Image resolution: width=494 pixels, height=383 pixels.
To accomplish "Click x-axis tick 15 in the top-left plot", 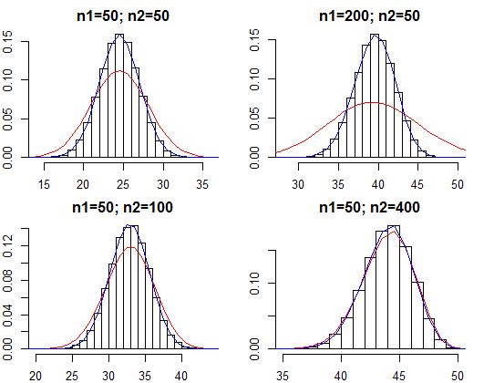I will click(x=43, y=183).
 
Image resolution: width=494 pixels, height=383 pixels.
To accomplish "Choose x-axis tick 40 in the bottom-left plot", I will click(x=180, y=374).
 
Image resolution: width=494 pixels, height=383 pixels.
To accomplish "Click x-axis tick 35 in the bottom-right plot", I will click(x=285, y=374).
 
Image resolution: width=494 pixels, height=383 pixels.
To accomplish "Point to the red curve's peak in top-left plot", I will click(x=119, y=71).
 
